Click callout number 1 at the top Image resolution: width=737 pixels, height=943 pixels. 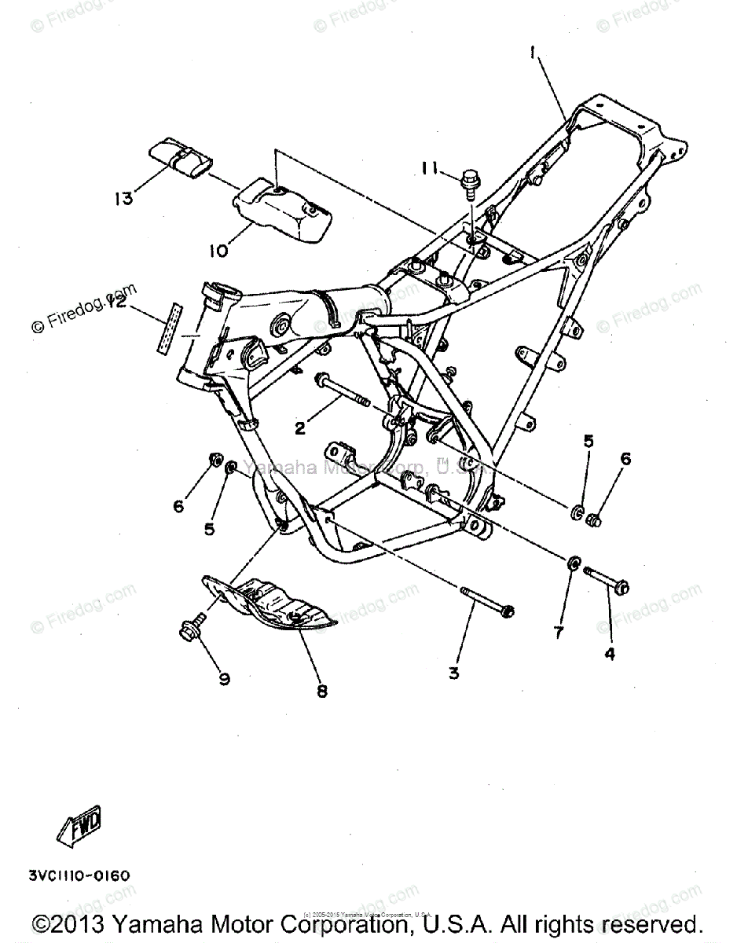click(x=533, y=53)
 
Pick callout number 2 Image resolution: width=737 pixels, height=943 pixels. click(x=300, y=428)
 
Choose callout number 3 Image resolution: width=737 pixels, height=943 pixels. click(x=454, y=673)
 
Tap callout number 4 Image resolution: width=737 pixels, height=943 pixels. click(x=609, y=652)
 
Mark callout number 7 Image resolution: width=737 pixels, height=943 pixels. click(x=559, y=633)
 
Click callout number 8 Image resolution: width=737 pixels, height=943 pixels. click(x=322, y=691)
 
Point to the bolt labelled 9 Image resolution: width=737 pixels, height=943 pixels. click(x=191, y=629)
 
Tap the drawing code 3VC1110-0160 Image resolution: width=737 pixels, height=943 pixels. click(x=79, y=875)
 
